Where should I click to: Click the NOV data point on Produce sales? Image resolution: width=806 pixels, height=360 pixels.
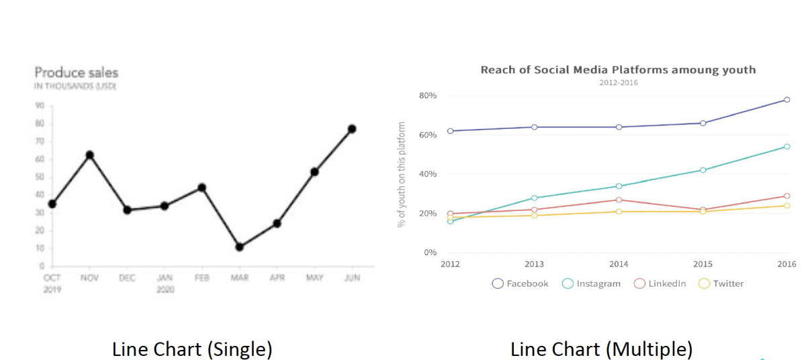[x=89, y=155]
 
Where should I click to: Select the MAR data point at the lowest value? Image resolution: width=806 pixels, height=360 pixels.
[x=239, y=247]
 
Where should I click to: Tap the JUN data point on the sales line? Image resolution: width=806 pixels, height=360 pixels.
[x=351, y=129]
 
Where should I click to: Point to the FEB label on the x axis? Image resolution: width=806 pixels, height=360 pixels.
[x=201, y=278]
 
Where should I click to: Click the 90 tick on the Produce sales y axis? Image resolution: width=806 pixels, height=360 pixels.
[x=40, y=105]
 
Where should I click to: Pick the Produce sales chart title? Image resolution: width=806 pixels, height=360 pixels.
[x=76, y=73]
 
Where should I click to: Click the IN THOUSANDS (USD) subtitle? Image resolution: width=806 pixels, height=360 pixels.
[x=75, y=87]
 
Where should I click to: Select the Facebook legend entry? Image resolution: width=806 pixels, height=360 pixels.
[x=520, y=283]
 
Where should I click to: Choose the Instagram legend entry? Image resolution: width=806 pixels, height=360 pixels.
[x=591, y=283]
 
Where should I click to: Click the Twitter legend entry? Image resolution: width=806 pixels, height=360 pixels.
[x=721, y=283]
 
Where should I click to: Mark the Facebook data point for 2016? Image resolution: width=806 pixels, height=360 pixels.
[x=787, y=99]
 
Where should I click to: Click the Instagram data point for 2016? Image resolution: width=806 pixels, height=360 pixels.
[x=787, y=146]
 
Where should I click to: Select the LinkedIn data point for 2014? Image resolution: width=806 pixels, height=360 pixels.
[x=619, y=199]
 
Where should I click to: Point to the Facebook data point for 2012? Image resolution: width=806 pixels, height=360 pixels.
[x=450, y=131]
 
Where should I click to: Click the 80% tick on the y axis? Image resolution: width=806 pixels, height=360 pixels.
[x=427, y=95]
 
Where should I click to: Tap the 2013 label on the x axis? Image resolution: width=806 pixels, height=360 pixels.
[x=534, y=263]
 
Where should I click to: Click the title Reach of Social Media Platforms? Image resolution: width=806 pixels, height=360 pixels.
[x=618, y=70]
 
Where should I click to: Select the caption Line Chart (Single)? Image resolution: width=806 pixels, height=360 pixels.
[x=192, y=349]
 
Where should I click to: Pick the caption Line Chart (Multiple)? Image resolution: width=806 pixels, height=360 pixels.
[x=601, y=349]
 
